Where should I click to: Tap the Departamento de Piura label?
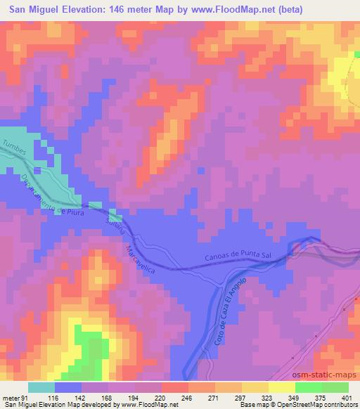[x=53, y=199]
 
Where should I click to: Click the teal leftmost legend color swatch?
[x=41, y=387]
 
